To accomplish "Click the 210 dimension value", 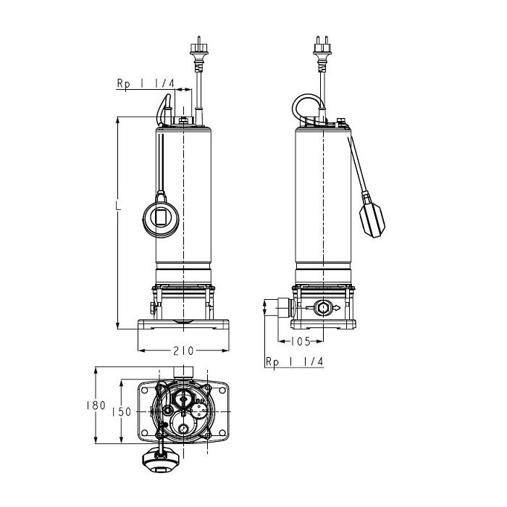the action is click(x=183, y=351).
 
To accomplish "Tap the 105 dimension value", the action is click(x=301, y=341).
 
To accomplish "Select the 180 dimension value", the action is click(x=96, y=406).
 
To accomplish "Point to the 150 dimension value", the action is click(x=122, y=412).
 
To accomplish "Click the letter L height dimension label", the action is click(x=119, y=206).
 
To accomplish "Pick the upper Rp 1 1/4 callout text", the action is click(x=146, y=84).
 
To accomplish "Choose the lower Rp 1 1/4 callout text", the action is click(x=294, y=361).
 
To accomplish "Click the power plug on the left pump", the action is click(x=199, y=52).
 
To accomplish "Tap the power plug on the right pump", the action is click(x=322, y=52).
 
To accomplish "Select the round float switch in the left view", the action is click(x=161, y=219).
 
